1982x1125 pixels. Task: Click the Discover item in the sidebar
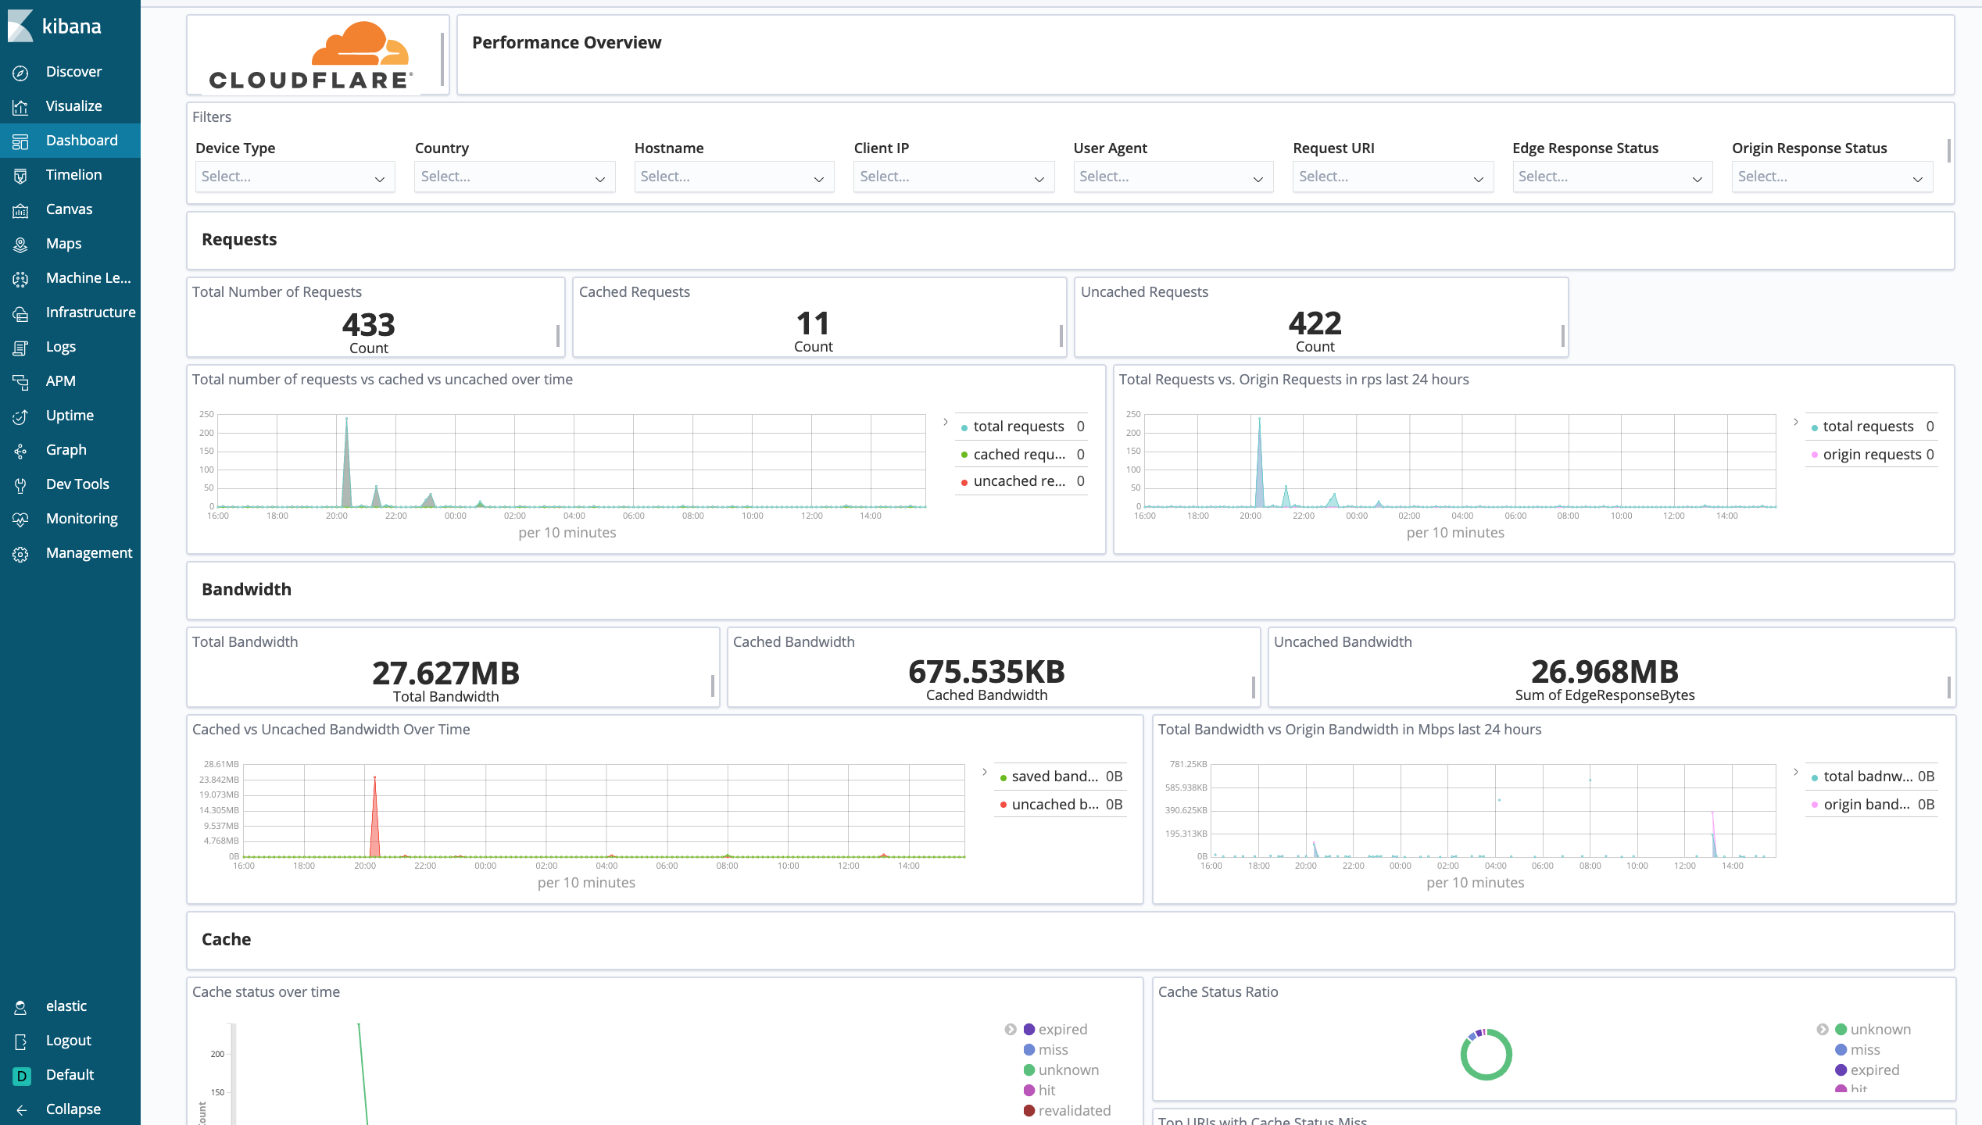(73, 72)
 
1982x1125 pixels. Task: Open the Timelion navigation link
(73, 175)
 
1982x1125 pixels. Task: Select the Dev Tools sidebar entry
(77, 484)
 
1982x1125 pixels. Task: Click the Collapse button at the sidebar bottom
(72, 1109)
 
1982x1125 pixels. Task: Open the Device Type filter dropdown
(294, 177)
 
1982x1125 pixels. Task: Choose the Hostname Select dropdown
(733, 177)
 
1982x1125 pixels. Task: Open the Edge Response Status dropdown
(1612, 177)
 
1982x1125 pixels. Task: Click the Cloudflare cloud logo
(360, 45)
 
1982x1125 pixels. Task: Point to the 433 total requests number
(368, 324)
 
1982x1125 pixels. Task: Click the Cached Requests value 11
(813, 323)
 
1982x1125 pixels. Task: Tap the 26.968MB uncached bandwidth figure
(1605, 672)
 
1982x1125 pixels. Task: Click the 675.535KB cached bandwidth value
(986, 672)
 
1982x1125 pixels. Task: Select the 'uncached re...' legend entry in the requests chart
(1018, 481)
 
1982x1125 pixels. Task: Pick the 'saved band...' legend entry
(1054, 777)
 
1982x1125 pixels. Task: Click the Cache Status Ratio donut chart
(1486, 1055)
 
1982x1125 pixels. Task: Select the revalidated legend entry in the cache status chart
(1073, 1111)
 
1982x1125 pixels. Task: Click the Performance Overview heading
(567, 43)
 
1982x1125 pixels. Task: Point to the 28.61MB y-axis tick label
(221, 764)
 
